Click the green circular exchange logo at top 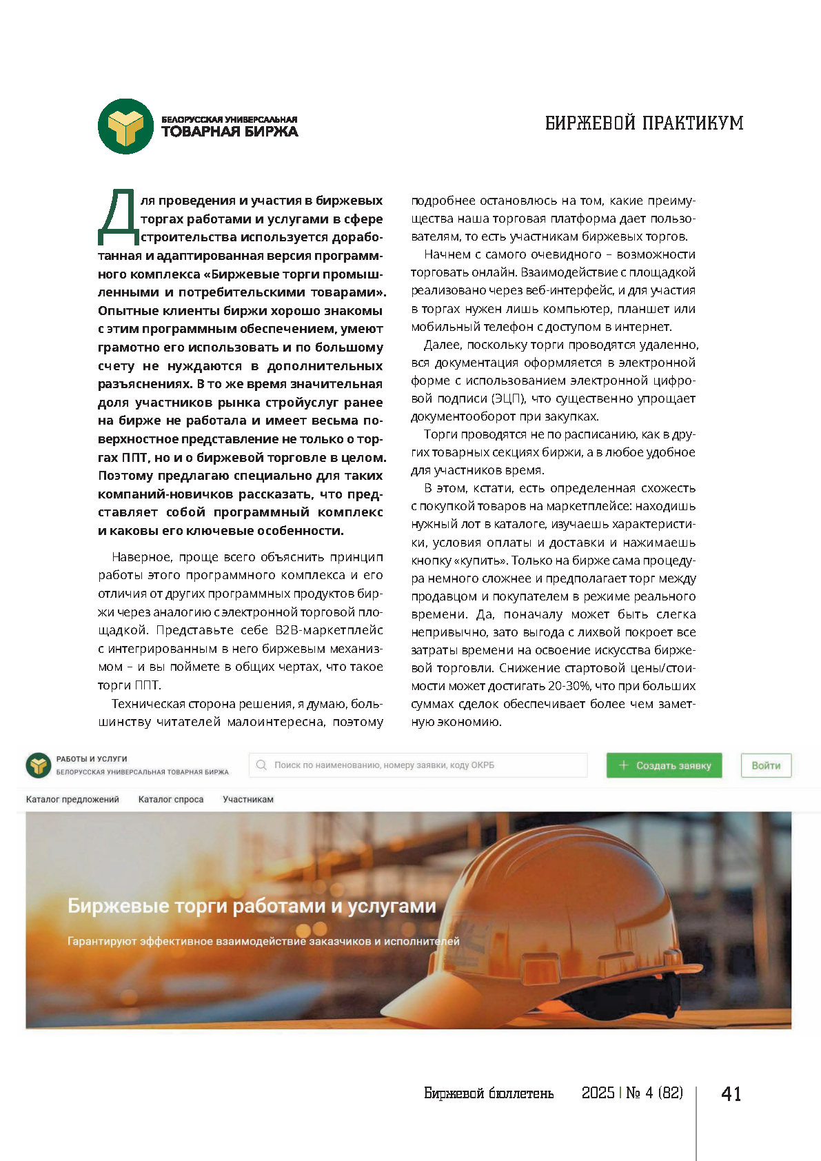click(125, 126)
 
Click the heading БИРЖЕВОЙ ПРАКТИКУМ click(644, 123)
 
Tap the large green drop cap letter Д click(119, 217)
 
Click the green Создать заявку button click(664, 765)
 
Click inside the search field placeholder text click(384, 765)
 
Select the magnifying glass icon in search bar click(261, 765)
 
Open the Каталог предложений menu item click(72, 800)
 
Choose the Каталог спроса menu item click(171, 800)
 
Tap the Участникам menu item click(248, 800)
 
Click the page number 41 click(731, 1094)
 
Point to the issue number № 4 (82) click(654, 1093)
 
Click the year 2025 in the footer click(598, 1093)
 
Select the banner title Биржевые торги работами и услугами click(252, 906)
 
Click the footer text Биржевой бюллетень click(489, 1093)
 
